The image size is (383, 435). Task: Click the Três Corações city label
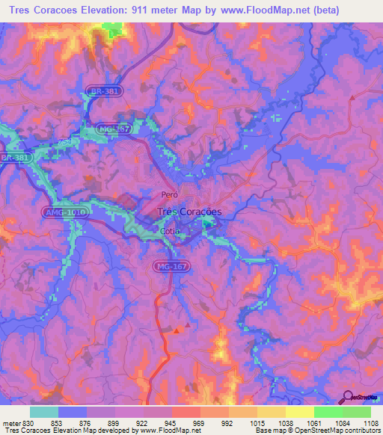pyautogui.click(x=189, y=212)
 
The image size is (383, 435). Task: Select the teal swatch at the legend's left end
pyautogui.click(x=44, y=412)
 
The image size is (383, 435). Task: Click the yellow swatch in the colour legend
pyautogui.click(x=299, y=412)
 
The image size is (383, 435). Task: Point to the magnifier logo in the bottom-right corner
pyautogui.click(x=348, y=397)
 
